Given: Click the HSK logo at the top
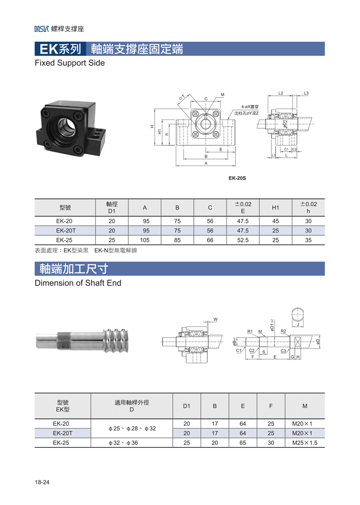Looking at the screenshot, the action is pos(42,29).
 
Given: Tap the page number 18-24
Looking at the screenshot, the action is pos(42,482).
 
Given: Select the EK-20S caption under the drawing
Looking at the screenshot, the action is pos(237,178).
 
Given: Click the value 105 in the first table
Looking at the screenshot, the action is pos(145,240).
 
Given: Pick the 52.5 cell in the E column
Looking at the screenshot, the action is pos(243,240).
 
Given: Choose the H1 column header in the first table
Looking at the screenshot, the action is pos(275,207).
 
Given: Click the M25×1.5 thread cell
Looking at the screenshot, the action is pos(304,443).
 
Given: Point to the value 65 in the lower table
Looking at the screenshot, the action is pos(243,443).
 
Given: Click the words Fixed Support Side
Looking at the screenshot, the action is pos(70,63).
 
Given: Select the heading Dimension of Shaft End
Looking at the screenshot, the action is pos(78,283).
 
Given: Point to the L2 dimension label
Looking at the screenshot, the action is pos(281,93).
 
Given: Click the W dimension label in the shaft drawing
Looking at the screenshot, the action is pos(215,319).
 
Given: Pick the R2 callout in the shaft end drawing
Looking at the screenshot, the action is pos(283,331).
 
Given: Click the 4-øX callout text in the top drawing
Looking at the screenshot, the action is pos(250,107).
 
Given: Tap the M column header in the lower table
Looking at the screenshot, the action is pos(304,406).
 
